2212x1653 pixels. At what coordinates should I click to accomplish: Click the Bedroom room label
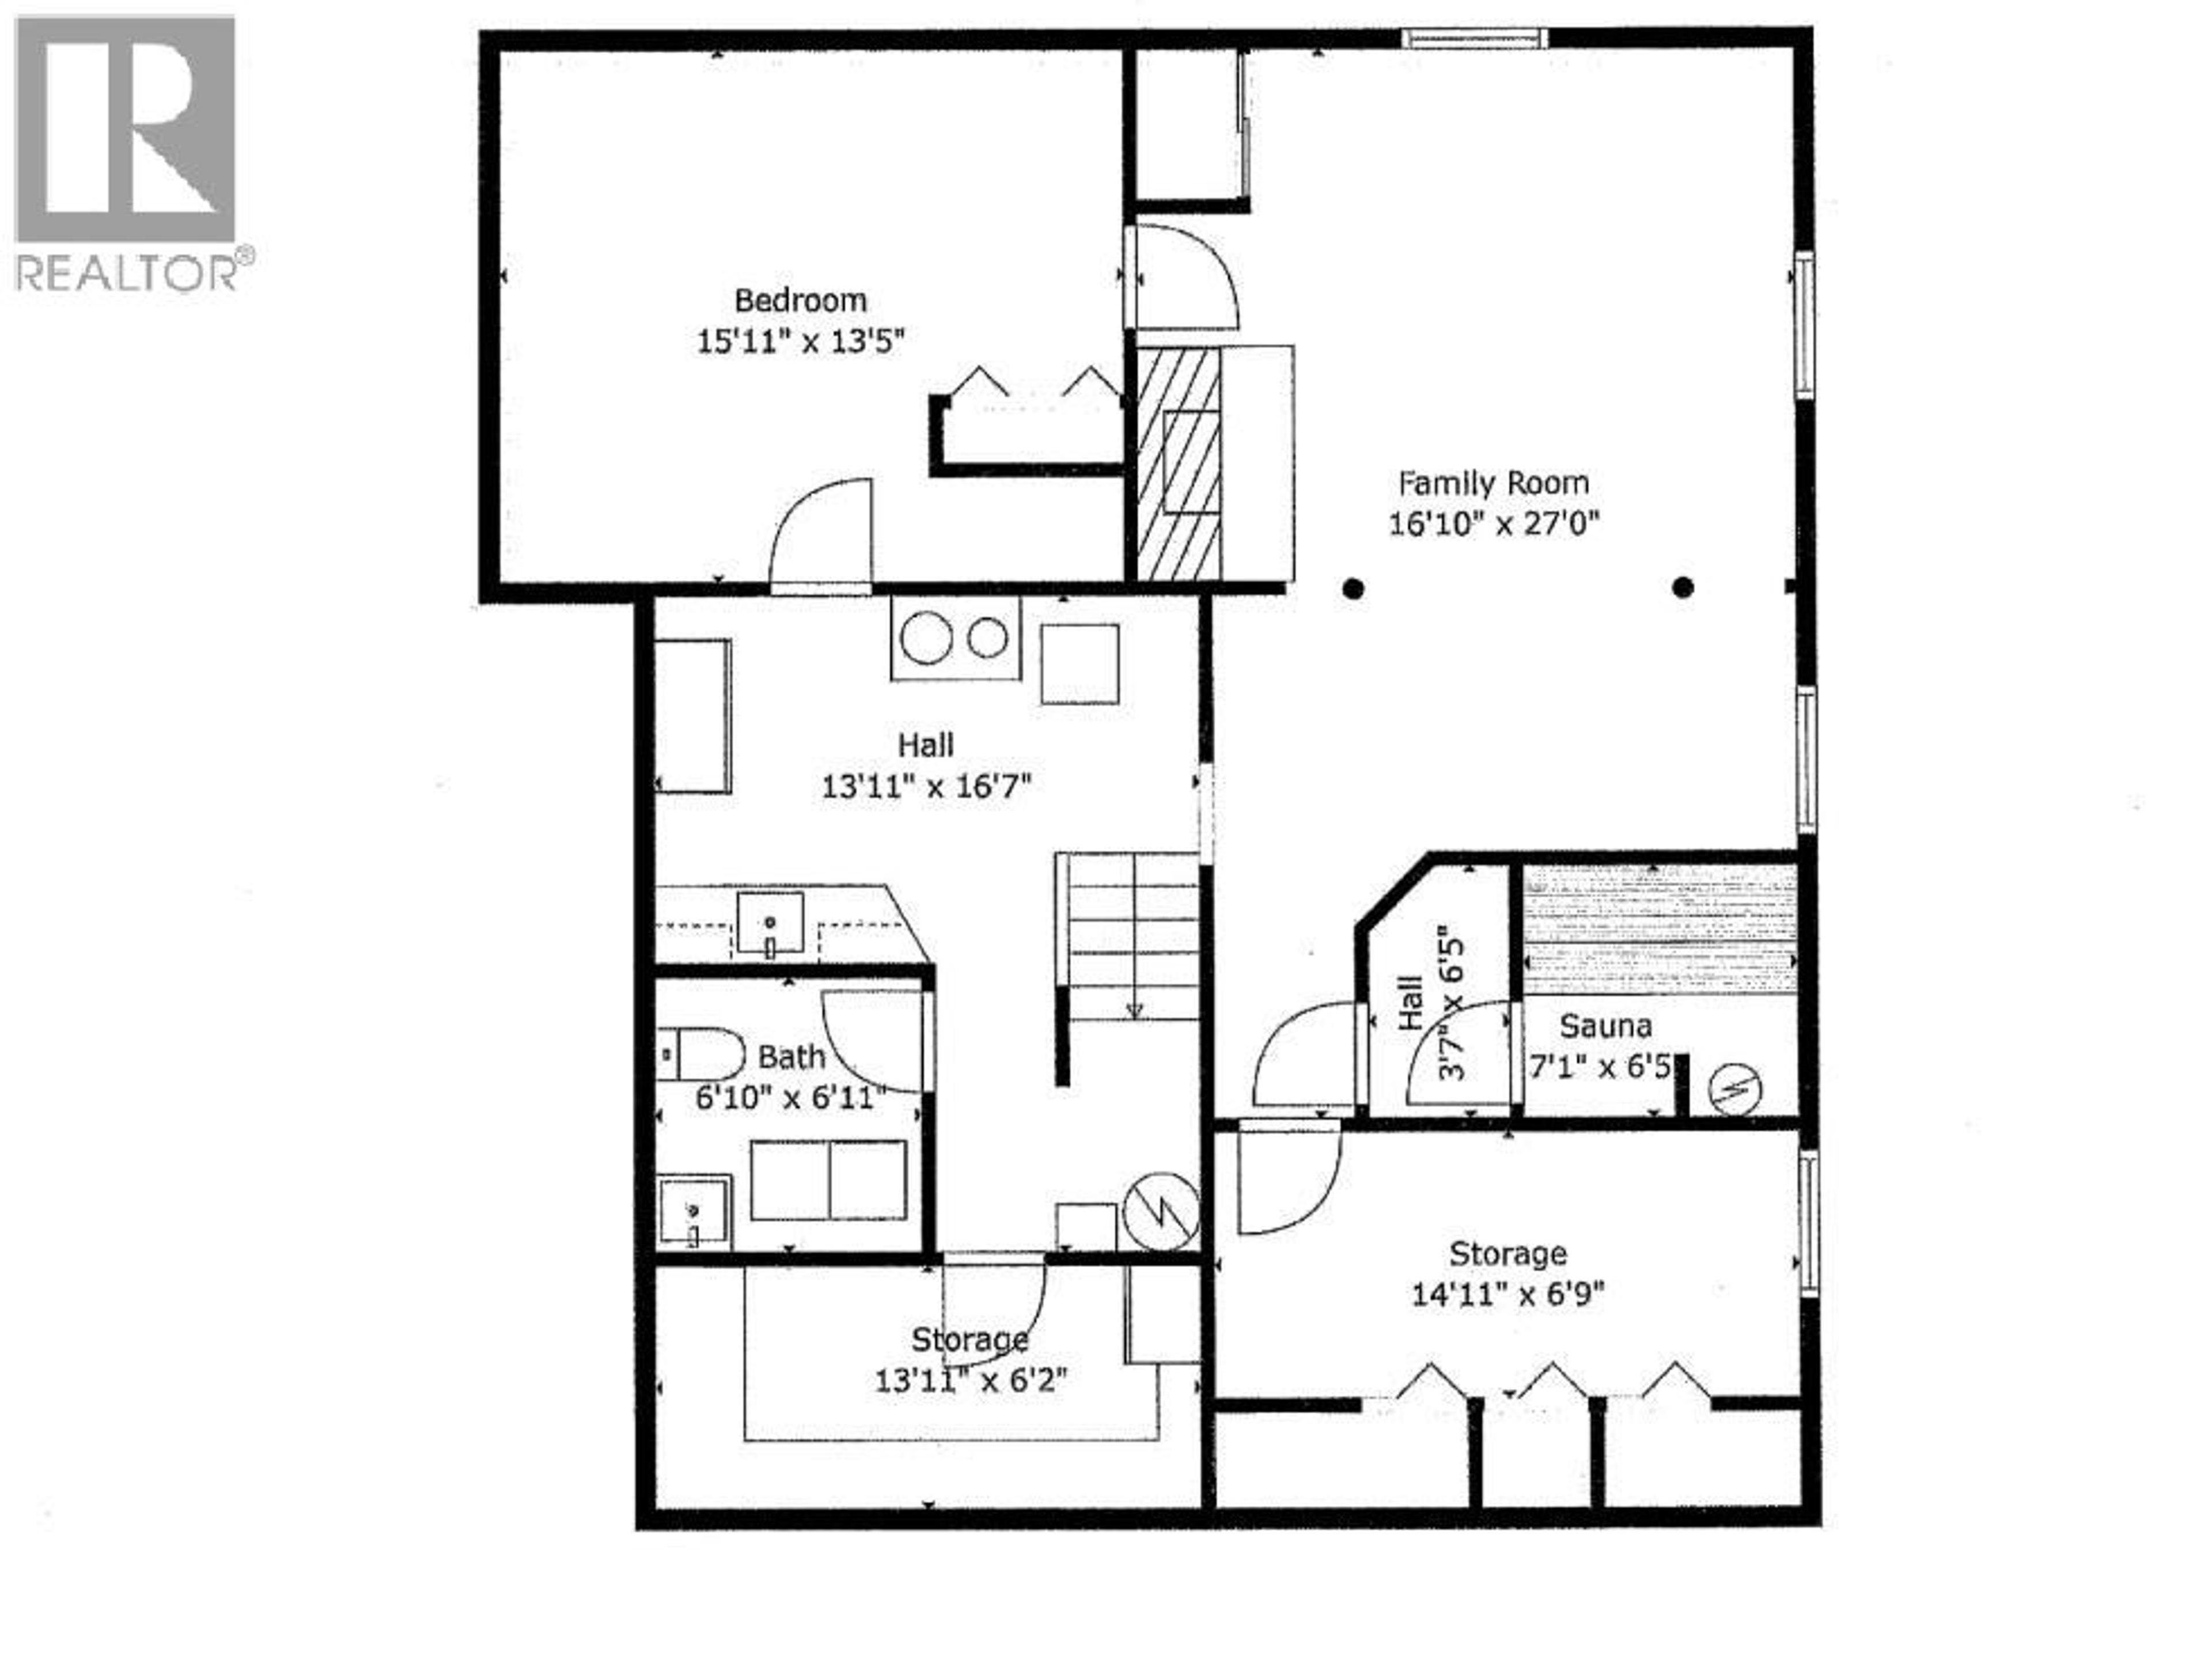(800, 300)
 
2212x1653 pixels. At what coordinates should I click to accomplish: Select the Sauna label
(1605, 1026)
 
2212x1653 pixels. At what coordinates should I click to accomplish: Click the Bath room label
(791, 1057)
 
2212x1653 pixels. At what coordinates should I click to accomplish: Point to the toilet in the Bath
(702, 1054)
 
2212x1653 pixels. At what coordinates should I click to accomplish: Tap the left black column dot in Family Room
(1353, 589)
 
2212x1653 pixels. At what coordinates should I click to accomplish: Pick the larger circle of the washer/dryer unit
(926, 639)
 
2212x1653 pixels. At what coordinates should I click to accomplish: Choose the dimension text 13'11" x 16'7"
(926, 787)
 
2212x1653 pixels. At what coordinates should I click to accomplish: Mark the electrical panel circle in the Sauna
(1735, 1089)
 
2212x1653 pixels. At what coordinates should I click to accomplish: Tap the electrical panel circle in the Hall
(1161, 1211)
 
